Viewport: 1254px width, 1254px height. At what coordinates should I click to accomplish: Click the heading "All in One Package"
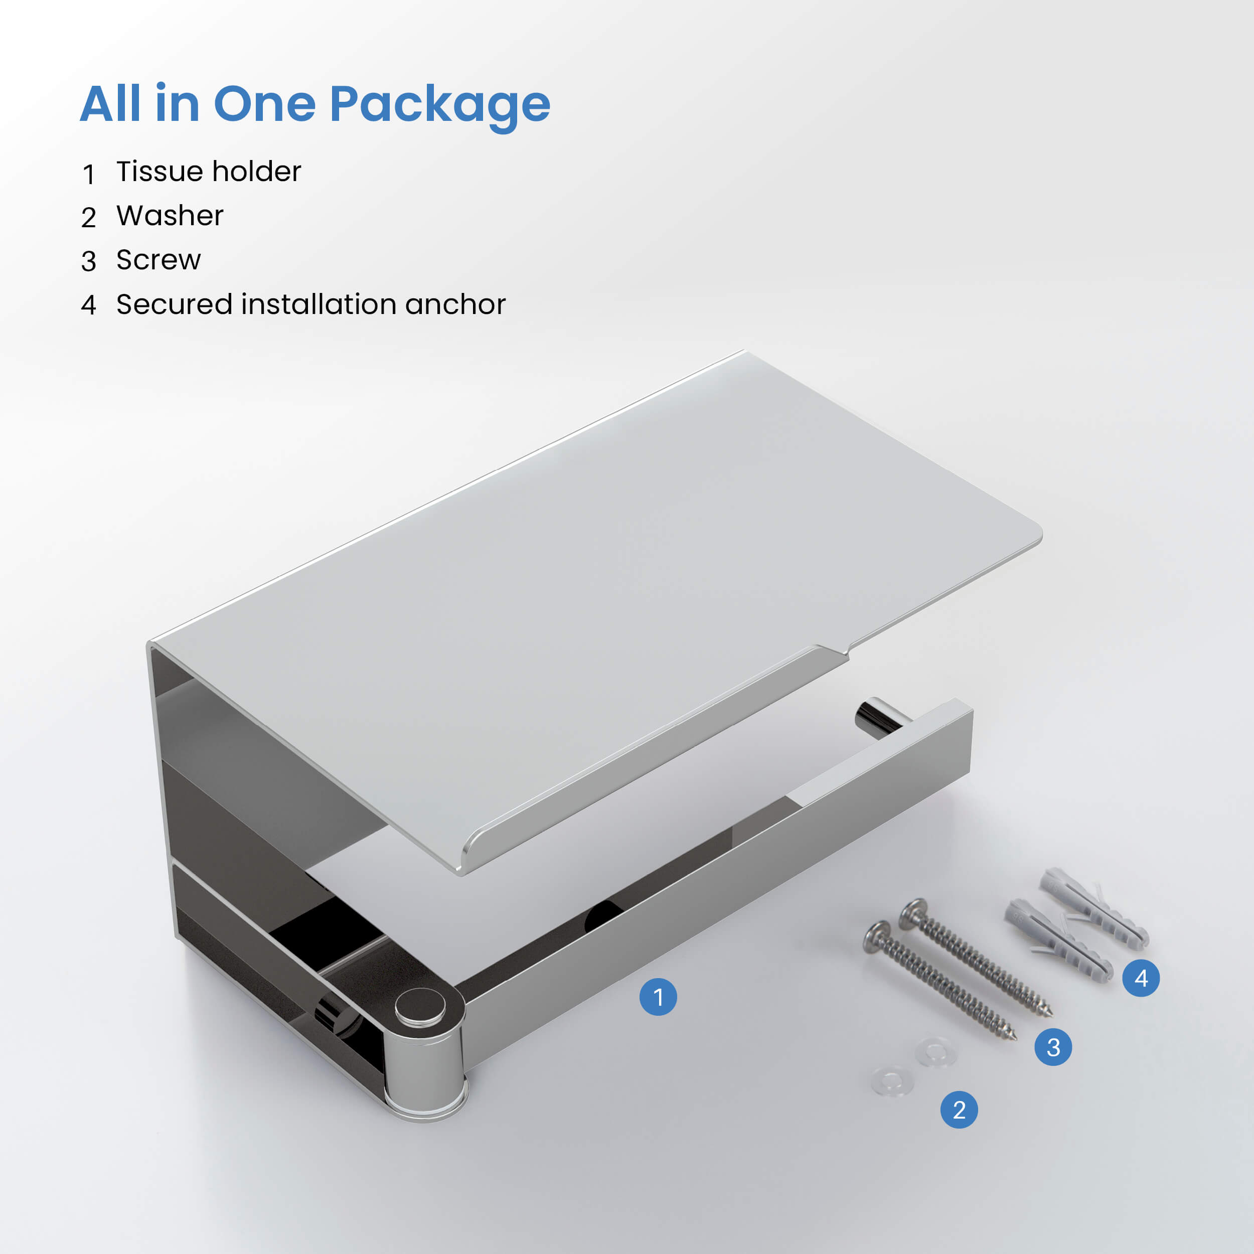tap(316, 105)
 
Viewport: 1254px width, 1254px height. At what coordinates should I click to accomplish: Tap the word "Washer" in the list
tap(170, 216)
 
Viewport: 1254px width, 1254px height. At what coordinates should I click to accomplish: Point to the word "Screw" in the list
tap(159, 260)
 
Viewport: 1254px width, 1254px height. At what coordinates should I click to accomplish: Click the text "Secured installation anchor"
tap(311, 304)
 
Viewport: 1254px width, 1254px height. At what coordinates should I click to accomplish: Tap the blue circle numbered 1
tap(658, 997)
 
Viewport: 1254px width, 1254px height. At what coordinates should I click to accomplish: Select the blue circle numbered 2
tap(959, 1110)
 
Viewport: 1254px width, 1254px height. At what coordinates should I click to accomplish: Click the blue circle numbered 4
tap(1141, 978)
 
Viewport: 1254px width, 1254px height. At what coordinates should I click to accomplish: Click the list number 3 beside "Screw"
tap(89, 261)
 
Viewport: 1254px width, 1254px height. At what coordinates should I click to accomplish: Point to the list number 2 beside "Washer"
tap(89, 217)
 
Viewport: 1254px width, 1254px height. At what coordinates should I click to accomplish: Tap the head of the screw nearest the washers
tap(877, 938)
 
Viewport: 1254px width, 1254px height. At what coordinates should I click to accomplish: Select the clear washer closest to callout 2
tap(892, 1081)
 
